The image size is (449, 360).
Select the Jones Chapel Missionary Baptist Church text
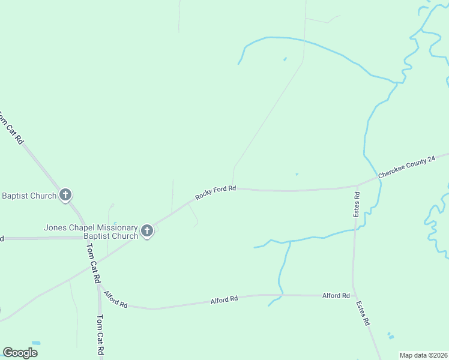(91, 232)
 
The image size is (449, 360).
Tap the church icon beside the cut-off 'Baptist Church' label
(66, 195)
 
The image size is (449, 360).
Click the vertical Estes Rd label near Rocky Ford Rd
(357, 205)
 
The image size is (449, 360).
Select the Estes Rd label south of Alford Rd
(362, 313)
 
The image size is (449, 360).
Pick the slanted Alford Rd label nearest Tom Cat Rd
(115, 299)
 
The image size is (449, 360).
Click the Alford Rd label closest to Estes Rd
(336, 296)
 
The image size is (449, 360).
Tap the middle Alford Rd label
(224, 299)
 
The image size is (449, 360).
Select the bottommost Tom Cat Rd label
(100, 336)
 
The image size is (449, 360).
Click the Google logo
(20, 353)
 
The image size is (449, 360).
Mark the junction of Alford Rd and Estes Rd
(353, 296)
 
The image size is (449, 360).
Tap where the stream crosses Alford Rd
(280, 295)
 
